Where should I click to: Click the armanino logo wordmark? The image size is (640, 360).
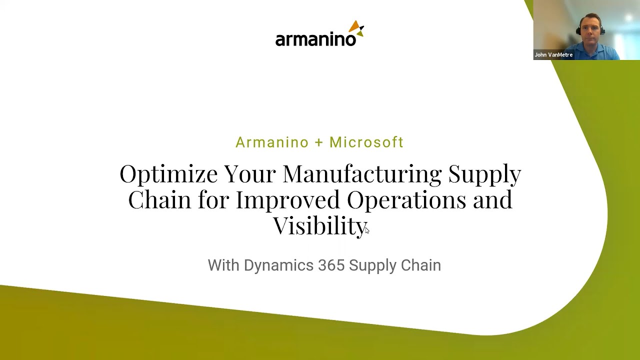coord(315,39)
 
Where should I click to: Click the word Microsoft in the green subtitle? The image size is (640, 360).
coord(366,142)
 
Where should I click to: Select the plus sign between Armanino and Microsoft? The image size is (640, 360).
coord(319,142)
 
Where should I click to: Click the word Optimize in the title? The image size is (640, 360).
coord(168,174)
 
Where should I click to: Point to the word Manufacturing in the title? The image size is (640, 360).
coord(362,174)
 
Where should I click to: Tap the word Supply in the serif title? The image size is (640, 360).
coord(484,174)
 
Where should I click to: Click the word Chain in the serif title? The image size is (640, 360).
coord(159,199)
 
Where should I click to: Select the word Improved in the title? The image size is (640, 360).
coord(288,199)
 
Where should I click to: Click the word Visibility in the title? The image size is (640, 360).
coord(319,225)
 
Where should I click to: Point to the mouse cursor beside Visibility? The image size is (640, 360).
coord(366,229)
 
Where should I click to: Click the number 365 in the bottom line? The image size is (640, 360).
coord(331,265)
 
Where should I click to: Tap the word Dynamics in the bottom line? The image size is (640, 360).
coord(278,265)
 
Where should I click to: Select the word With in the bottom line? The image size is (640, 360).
coord(223,265)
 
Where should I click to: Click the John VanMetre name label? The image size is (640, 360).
coord(553,55)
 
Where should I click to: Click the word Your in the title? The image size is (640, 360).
coord(249,174)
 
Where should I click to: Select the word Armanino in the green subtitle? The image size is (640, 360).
coord(272,142)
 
